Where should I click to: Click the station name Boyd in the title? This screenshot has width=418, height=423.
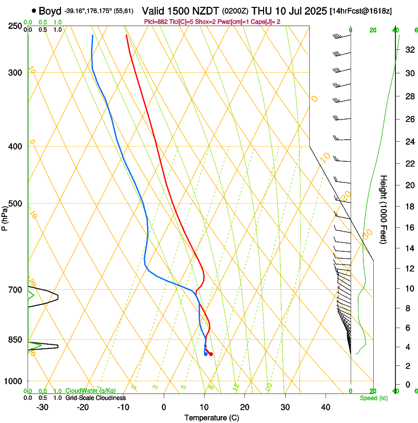tap(50, 10)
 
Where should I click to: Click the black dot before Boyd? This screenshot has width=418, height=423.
tap(33, 10)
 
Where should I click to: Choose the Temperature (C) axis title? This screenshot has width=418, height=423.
tap(211, 418)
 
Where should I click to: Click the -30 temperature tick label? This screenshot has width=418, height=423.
tap(42, 407)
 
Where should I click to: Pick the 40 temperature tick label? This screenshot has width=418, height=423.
tap(325, 407)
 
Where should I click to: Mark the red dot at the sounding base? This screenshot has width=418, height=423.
tap(211, 354)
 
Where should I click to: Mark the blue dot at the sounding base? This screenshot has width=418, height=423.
tap(206, 354)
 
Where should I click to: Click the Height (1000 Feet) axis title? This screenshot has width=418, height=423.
tap(384, 209)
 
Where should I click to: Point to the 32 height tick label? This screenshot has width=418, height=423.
tap(381, 50)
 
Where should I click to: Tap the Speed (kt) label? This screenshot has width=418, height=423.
tap(373, 398)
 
